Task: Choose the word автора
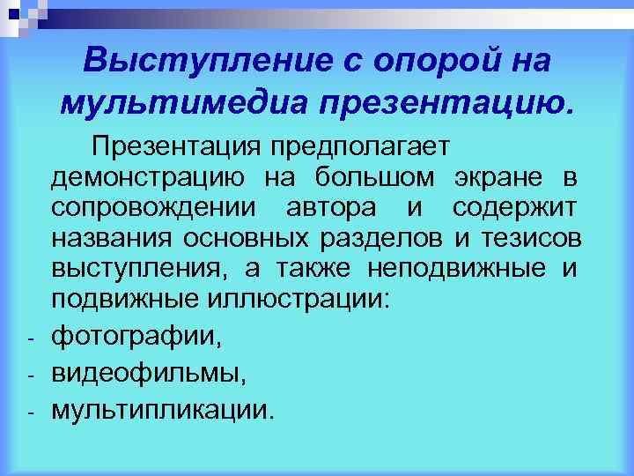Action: pos(334,209)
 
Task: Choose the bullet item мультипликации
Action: pos(163,409)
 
